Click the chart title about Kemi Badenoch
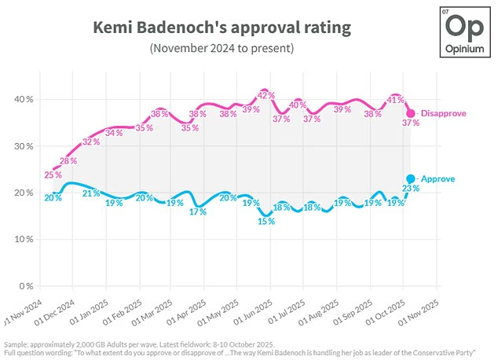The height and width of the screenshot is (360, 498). [x=222, y=28]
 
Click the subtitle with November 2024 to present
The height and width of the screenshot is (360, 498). [x=222, y=49]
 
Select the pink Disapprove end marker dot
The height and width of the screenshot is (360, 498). [x=410, y=113]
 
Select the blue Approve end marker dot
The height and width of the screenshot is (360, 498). [x=411, y=179]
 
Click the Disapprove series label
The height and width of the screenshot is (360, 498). [x=443, y=113]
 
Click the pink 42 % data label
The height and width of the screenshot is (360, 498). [x=265, y=95]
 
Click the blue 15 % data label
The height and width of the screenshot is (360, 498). [x=266, y=222]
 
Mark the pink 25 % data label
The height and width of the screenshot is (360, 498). [x=52, y=174]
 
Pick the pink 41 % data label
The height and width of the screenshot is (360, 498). [x=395, y=100]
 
